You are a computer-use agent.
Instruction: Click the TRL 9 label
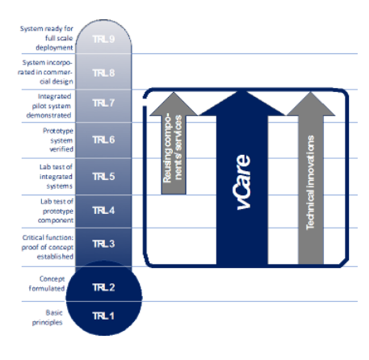coord(104,39)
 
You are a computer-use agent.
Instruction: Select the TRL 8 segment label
coord(104,73)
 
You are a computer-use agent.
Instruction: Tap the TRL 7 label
coord(104,103)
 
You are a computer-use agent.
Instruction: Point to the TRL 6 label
coord(104,140)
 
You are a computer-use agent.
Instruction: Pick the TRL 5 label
coord(104,177)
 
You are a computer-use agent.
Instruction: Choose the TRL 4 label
coord(104,211)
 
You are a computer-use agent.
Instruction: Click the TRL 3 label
coord(104,244)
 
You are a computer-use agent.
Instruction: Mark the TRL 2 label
coord(104,287)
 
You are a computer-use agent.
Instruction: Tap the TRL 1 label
coord(104,316)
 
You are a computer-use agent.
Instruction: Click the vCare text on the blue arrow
coord(243,182)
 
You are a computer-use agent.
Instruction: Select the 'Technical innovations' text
coord(310,182)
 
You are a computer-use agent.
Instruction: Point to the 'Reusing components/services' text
coord(173,149)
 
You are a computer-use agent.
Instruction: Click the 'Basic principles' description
coord(48,317)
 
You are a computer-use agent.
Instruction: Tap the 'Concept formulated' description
coord(46,284)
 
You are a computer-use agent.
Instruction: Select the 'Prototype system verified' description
coord(58,140)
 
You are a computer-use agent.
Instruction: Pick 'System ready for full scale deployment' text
coord(46,38)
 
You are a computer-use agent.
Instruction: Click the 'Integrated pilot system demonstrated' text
coord(49,106)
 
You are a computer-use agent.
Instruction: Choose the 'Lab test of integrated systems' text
coord(56,177)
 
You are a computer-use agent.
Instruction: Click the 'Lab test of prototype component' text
coord(56,211)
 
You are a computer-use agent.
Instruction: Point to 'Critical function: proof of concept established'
coord(48,247)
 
